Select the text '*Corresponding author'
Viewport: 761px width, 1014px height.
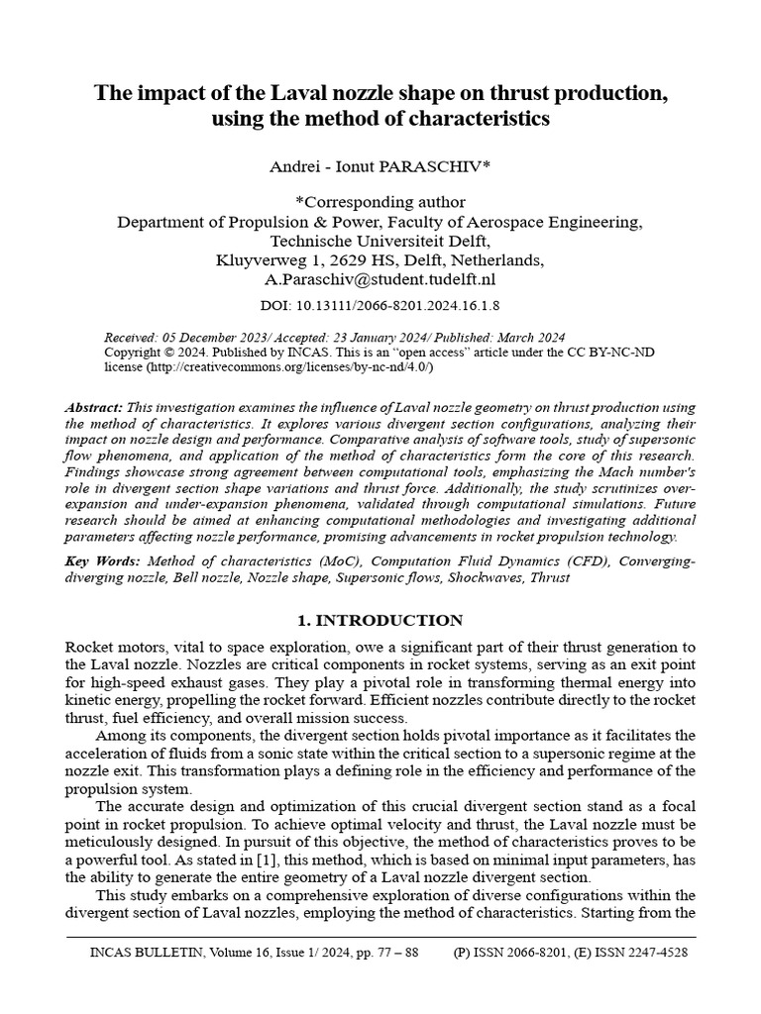(380, 203)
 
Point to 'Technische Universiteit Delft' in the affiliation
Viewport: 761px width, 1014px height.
(380, 241)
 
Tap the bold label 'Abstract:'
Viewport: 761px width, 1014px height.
(94, 408)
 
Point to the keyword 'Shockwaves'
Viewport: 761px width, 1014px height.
(493, 576)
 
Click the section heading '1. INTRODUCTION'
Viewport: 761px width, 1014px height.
(380, 621)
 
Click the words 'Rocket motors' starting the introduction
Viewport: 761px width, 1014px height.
(110, 647)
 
